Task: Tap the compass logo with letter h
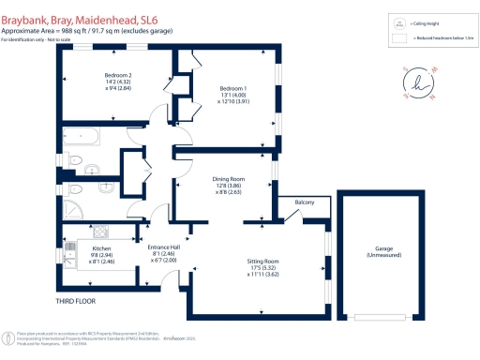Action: tap(418, 83)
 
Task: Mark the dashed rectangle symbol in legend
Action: tap(399, 40)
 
